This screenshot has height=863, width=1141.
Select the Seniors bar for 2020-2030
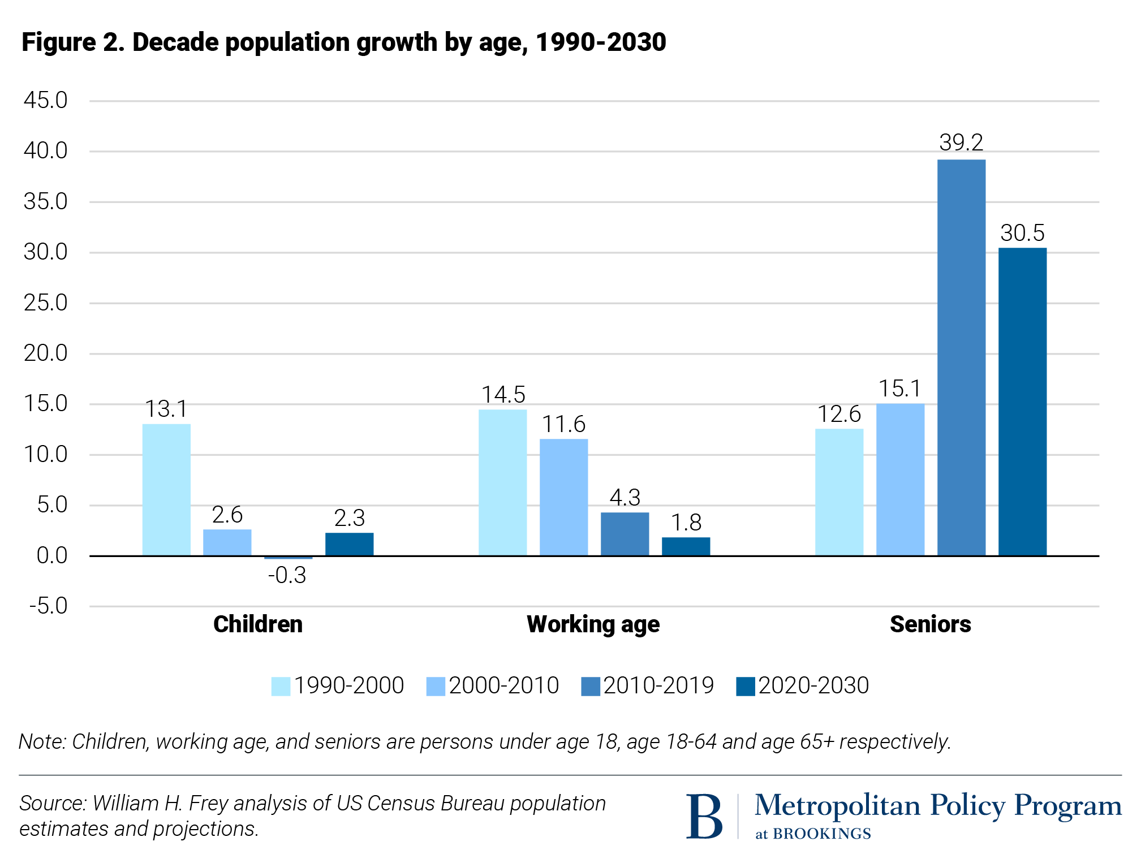pos(1022,402)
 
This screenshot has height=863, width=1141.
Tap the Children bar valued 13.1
pos(166,490)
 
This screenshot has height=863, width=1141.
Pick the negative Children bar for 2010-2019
pos(289,558)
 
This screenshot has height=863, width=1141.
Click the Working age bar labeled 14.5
pos(502,482)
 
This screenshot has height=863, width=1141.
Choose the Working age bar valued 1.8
pos(686,546)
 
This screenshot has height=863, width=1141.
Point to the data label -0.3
pos(287,576)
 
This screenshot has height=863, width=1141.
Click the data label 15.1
pos(899,389)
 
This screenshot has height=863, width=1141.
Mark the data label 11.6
pos(563,424)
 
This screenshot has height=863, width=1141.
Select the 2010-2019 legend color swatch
pos(590,686)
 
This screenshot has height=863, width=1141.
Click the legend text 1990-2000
pos(349,685)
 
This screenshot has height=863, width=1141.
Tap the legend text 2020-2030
pos(813,685)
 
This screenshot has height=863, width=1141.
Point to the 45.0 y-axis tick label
pos(45,101)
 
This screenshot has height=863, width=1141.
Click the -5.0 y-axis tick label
pos(48,606)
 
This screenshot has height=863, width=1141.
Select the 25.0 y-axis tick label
pos(45,303)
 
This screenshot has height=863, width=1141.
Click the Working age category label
pos(593,624)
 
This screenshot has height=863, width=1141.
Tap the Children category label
pos(258,624)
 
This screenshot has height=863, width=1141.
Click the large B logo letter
pos(704,816)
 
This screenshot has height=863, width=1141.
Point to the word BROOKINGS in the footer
pos(821,834)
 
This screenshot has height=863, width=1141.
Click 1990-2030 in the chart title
pos(601,42)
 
